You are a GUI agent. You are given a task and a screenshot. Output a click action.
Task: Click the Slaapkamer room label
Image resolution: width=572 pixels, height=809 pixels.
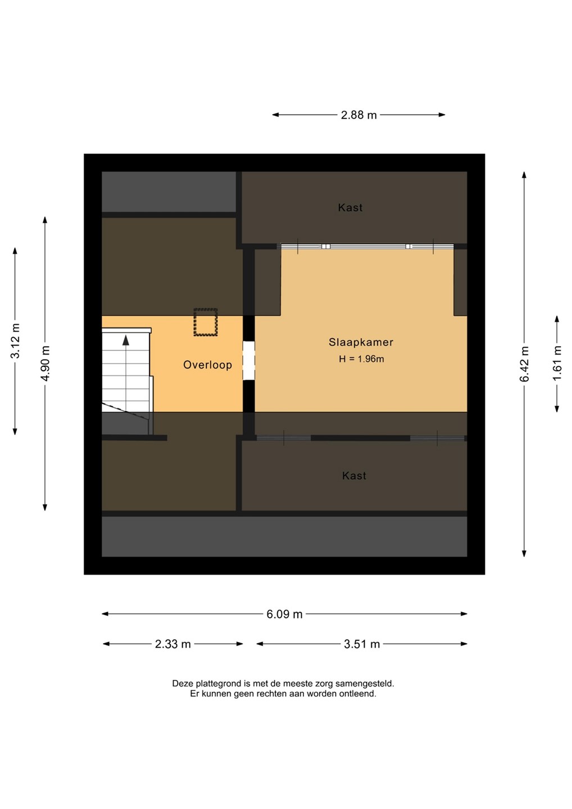point(361,342)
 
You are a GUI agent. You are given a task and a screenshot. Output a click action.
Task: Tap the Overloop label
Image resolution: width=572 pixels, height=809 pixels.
point(207,365)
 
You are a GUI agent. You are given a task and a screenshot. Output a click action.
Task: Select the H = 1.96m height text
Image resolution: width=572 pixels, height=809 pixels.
point(361,359)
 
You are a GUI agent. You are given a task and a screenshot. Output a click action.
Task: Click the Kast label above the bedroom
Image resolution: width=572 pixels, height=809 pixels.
point(350,208)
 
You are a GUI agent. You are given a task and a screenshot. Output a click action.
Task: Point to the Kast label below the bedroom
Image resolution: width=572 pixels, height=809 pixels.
point(354,476)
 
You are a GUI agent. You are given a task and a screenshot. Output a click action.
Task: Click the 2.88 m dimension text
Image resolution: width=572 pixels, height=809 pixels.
point(358,115)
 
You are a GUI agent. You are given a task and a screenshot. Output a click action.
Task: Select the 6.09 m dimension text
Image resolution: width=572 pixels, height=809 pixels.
point(284,614)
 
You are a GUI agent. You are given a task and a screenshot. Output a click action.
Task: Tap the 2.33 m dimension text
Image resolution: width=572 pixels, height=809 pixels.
point(172,644)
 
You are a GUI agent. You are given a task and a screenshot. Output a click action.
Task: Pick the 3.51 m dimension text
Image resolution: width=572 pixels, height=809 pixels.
point(362,644)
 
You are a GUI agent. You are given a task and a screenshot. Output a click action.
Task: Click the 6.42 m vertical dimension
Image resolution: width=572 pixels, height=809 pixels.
point(524,364)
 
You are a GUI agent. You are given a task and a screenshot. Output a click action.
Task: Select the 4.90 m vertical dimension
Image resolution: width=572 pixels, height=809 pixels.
point(45,363)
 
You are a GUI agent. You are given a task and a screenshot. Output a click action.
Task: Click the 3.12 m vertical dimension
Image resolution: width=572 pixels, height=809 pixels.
point(15,341)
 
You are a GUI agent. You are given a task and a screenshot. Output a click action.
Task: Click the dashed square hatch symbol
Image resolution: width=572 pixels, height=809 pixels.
point(206,322)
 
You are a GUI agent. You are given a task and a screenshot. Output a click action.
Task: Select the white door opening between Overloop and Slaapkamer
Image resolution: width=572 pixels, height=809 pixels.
point(248,361)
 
